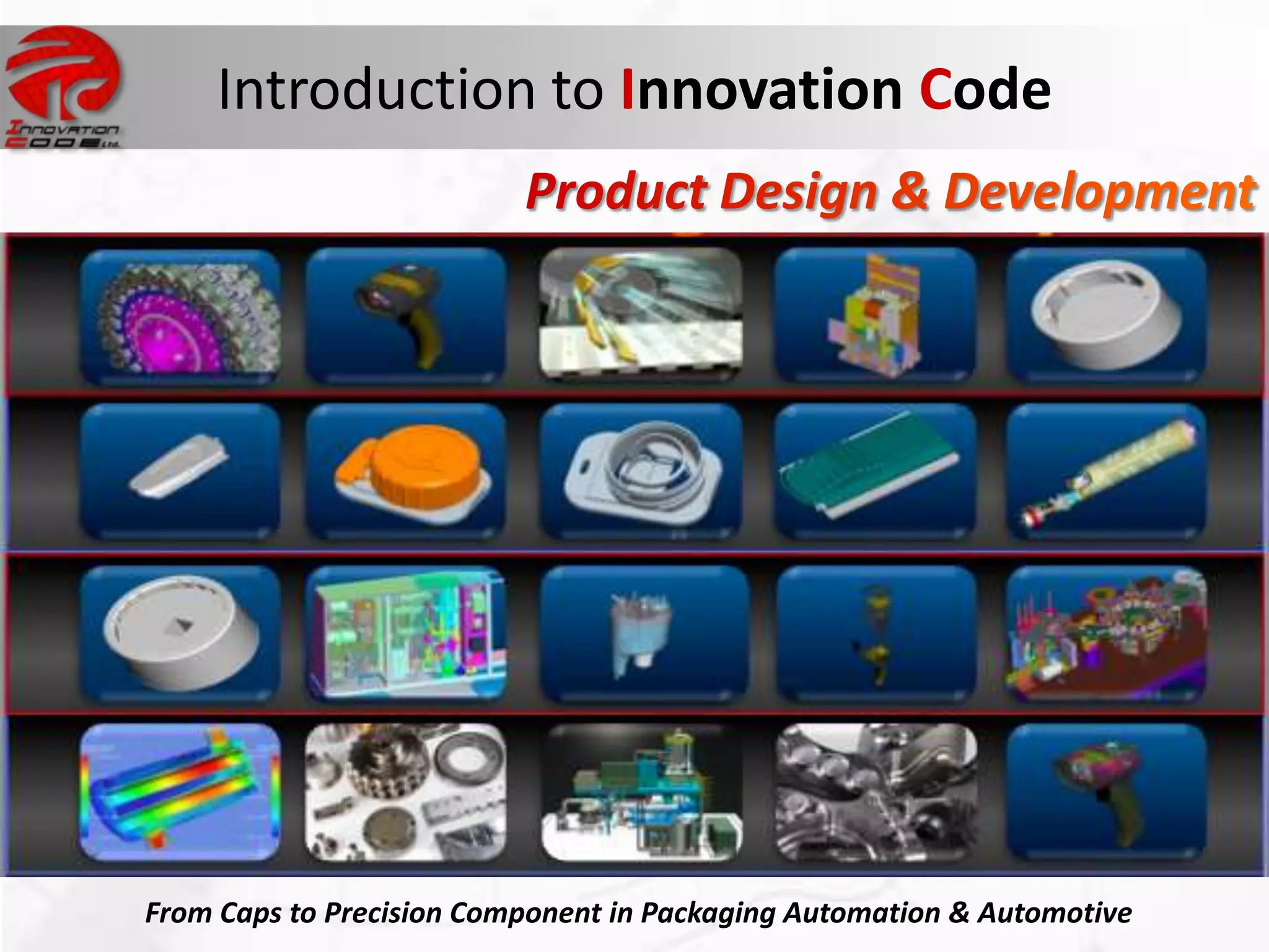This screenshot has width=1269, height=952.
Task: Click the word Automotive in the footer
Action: (1055, 913)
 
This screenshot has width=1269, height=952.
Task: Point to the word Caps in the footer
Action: (250, 913)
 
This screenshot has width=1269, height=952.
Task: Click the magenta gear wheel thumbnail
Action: (180, 316)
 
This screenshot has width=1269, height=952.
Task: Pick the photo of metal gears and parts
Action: (406, 792)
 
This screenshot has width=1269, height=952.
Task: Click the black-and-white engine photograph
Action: (876, 792)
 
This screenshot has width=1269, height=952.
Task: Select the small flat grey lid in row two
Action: (179, 465)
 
